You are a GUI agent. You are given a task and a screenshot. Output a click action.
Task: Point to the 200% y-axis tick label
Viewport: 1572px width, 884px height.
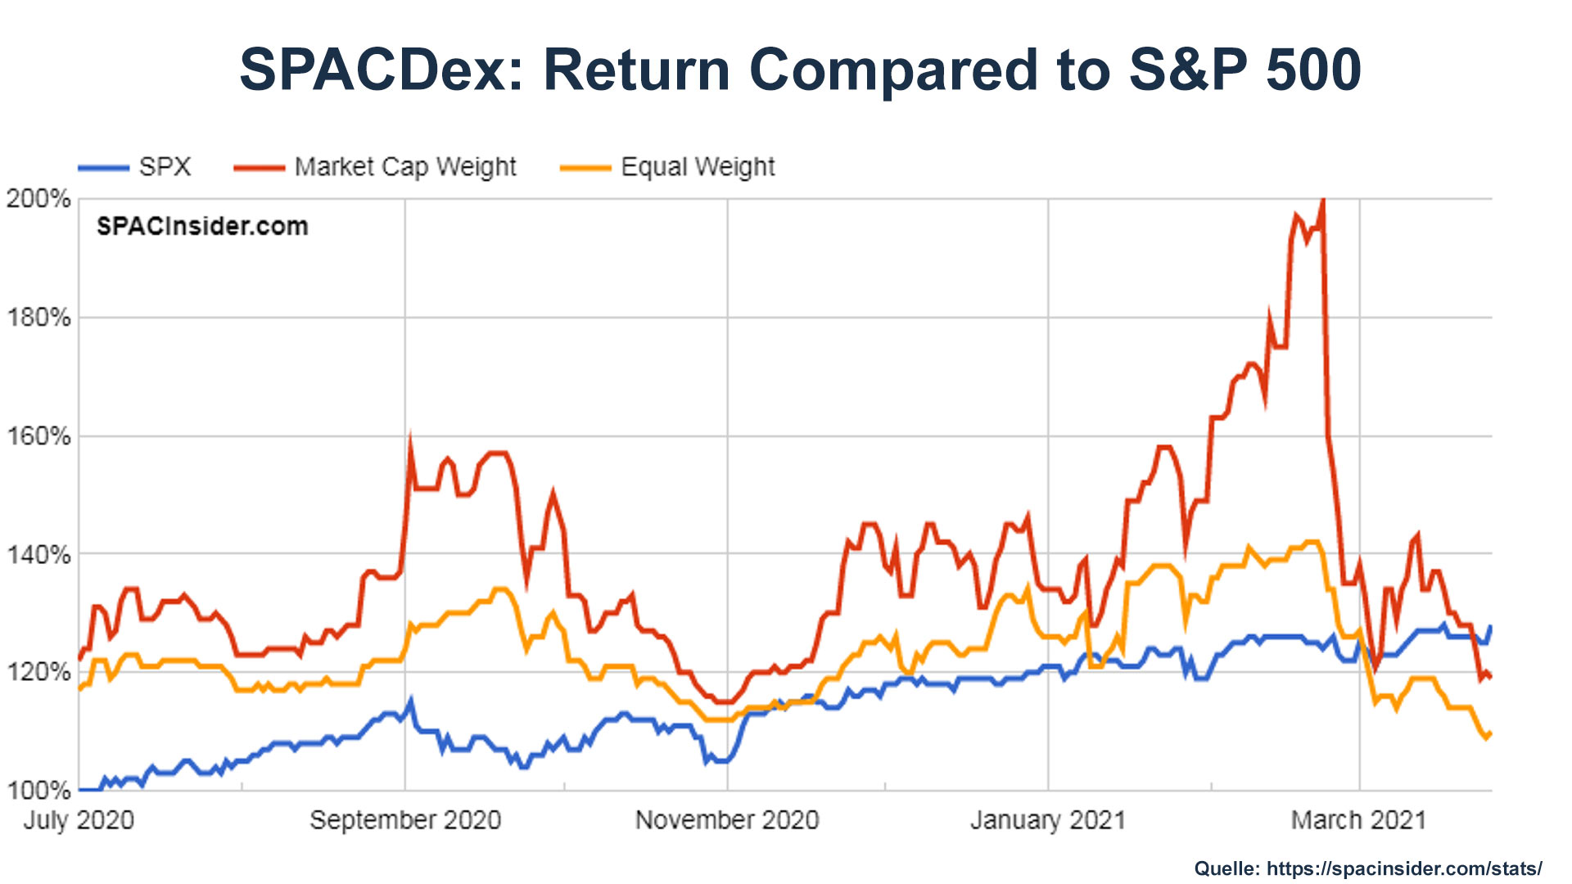coord(38,199)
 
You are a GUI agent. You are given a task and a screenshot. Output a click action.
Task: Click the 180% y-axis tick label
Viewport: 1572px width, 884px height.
coord(38,318)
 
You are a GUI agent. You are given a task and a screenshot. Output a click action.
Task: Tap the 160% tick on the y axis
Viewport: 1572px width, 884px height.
coord(38,436)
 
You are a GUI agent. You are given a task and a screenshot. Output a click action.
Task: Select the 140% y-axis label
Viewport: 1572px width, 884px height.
coord(38,555)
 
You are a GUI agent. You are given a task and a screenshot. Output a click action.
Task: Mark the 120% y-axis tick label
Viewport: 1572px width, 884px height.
coord(38,673)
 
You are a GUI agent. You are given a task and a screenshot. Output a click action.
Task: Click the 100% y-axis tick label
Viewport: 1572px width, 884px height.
coord(38,791)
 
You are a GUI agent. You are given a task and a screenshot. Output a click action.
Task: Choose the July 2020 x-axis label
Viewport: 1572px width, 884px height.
coord(79,820)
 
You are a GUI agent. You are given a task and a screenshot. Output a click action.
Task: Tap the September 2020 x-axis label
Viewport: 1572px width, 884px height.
coord(405,820)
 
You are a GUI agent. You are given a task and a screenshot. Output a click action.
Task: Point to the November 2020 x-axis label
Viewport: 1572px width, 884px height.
coord(727,820)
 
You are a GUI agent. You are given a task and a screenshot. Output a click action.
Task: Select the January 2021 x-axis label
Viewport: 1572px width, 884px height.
coord(1048,820)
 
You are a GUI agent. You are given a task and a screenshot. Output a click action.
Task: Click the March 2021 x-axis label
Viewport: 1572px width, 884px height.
coord(1358,820)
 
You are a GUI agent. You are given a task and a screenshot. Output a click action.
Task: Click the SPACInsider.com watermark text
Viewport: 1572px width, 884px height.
coord(202,227)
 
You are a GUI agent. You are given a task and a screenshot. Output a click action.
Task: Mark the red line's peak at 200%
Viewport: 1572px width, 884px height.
coord(1323,201)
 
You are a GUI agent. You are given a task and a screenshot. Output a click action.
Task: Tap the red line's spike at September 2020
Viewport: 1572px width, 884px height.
coord(409,438)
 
